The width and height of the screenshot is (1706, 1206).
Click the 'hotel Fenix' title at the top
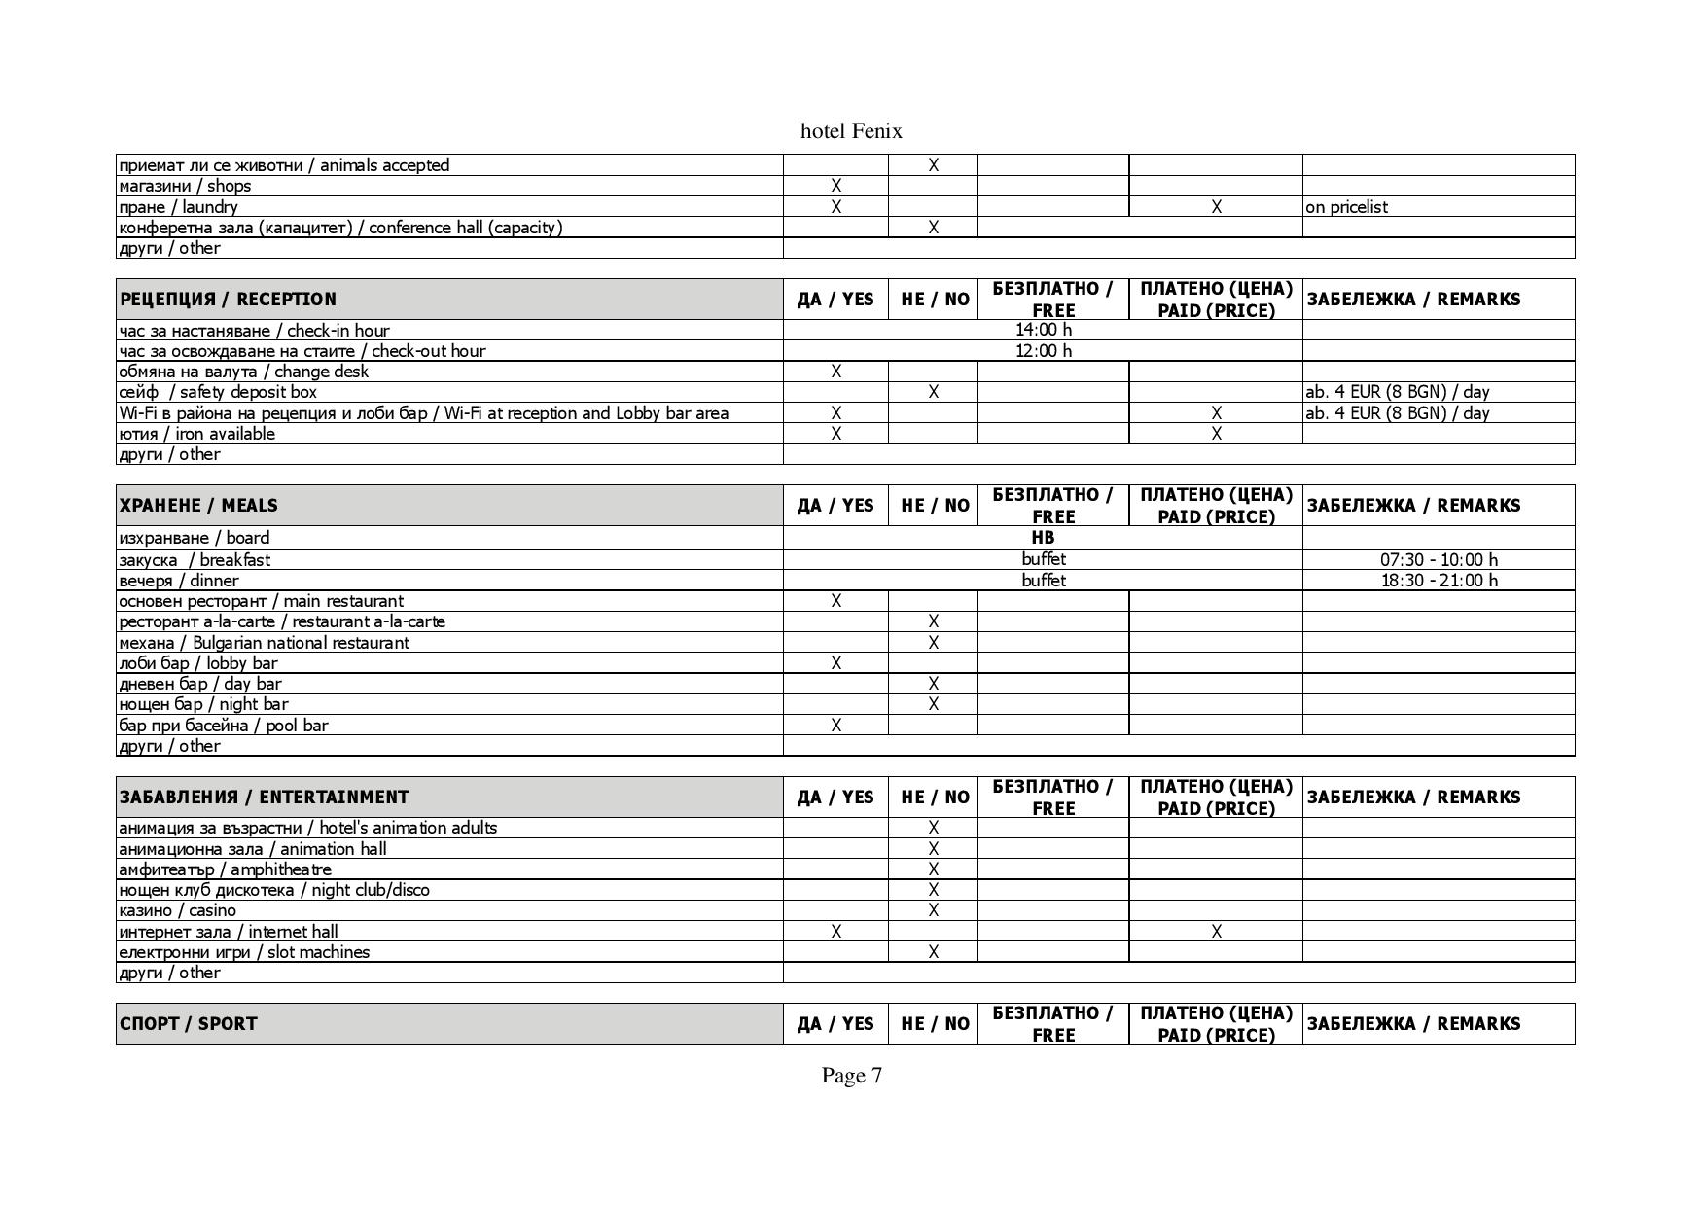(851, 131)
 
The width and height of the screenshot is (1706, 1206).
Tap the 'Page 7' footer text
(851, 1075)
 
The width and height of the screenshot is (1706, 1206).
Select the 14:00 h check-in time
(1043, 330)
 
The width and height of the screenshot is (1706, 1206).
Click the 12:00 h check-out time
(1043, 350)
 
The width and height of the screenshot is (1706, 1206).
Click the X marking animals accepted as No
(933, 165)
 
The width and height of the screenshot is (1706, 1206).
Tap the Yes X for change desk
(835, 372)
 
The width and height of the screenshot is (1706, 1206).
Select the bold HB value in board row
(1043, 537)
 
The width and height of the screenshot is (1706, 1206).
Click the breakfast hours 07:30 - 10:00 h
(1439, 559)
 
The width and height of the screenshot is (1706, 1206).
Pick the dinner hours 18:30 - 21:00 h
(1439, 581)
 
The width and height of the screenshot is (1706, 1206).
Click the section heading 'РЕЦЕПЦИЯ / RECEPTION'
(228, 299)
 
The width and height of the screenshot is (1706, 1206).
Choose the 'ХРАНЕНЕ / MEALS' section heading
(198, 505)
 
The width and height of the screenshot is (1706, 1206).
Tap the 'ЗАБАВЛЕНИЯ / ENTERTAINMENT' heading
(264, 797)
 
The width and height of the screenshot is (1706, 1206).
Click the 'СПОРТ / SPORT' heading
(188, 1023)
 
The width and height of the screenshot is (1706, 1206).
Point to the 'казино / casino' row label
(177, 910)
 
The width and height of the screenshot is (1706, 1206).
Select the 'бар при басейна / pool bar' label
(224, 726)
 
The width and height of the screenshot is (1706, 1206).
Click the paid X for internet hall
(1216, 932)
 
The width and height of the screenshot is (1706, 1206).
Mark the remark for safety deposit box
(1397, 392)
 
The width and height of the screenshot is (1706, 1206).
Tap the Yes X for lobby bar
(835, 663)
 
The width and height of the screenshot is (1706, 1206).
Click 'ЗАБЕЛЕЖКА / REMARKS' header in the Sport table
(1412, 1023)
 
